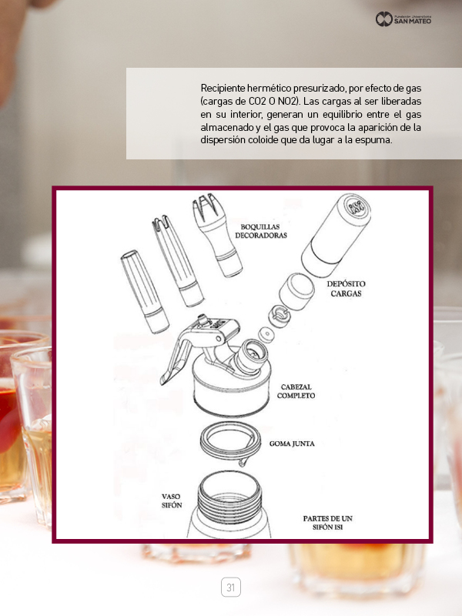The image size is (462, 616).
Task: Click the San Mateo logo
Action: click(403, 18)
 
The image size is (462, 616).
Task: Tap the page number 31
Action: click(230, 588)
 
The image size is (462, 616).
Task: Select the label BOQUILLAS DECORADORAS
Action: click(261, 231)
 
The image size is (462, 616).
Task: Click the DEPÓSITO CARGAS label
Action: click(346, 288)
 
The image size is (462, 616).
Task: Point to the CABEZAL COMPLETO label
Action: click(296, 391)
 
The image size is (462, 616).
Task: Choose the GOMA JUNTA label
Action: click(292, 444)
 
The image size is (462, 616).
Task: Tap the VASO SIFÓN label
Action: click(172, 501)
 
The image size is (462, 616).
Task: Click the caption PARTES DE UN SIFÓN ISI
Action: click(328, 523)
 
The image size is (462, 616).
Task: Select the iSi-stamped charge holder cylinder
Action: click(336, 235)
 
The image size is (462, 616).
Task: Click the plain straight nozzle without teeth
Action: click(144, 291)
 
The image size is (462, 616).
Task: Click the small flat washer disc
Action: click(266, 334)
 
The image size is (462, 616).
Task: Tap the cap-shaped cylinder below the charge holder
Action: click(296, 292)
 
